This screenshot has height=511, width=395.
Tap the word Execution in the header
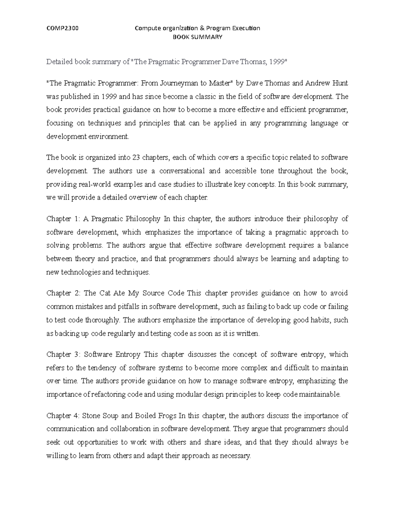tap(247, 28)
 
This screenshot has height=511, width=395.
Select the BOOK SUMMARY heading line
tap(197, 37)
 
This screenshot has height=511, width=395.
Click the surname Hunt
tap(341, 83)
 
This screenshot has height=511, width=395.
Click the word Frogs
tap(165, 416)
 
